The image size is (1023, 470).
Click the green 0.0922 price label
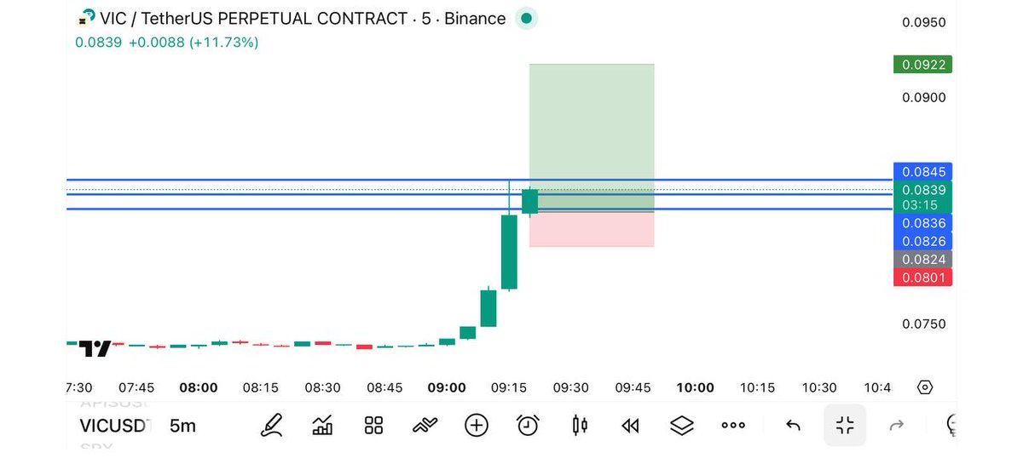point(922,65)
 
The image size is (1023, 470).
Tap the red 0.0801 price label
point(922,278)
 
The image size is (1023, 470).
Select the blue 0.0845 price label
point(922,171)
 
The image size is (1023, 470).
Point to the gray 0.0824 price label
point(922,260)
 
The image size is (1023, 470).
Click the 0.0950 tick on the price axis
point(924,22)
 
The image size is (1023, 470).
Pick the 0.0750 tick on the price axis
point(924,324)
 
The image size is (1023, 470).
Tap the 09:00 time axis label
point(447,387)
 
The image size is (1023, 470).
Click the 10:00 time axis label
point(695,387)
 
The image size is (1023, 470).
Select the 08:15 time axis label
point(260,387)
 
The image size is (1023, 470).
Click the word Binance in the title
point(474,18)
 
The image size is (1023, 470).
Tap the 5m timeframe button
point(182,426)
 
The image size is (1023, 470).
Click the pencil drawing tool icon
point(272,425)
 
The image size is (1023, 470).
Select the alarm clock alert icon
point(528,425)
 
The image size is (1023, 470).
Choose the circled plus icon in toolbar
point(477,425)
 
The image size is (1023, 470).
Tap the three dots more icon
point(733,425)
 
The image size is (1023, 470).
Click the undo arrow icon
point(793,425)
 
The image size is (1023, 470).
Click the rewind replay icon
point(630,425)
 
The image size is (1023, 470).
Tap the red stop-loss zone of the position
point(592,229)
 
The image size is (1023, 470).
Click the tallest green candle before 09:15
point(509,252)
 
